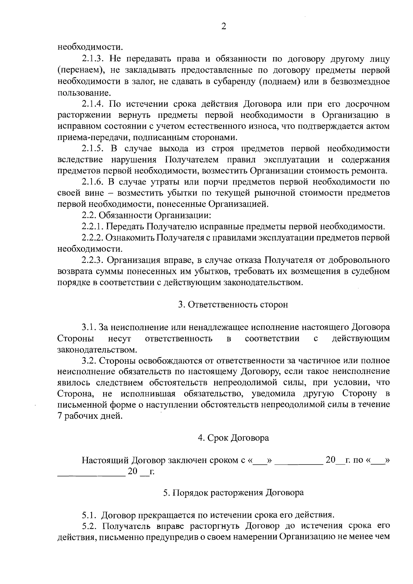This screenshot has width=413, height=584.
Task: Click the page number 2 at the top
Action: [223, 27]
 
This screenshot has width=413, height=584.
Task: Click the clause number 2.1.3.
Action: [93, 59]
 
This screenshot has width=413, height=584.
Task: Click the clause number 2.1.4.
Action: [93, 104]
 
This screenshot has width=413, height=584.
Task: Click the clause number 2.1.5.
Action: [93, 149]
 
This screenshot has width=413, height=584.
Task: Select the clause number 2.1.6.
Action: [93, 182]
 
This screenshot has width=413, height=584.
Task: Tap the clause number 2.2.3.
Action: [93, 260]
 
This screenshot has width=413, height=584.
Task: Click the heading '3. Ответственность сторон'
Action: [233, 305]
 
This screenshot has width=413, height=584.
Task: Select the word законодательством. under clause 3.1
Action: [97, 350]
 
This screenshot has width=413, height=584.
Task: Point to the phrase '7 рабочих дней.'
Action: [90, 416]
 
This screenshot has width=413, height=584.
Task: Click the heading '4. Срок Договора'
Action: [233, 438]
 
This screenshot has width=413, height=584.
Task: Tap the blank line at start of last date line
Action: [91, 474]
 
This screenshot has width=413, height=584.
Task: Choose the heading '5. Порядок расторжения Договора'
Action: [233, 493]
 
